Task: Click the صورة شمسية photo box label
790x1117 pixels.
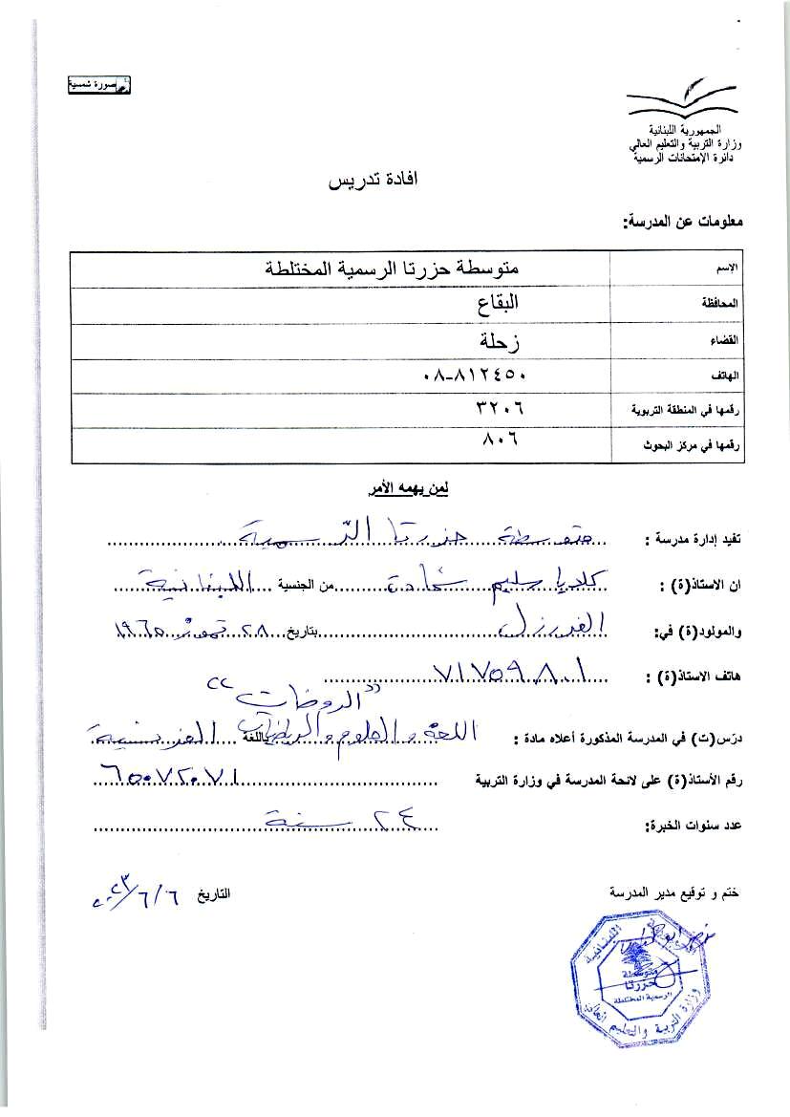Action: (x=98, y=86)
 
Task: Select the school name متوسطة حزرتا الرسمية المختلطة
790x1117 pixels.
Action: (x=399, y=269)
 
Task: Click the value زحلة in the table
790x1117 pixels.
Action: (x=504, y=339)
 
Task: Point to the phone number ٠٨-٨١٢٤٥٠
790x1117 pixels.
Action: (x=475, y=376)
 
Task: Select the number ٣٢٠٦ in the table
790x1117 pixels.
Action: (x=501, y=410)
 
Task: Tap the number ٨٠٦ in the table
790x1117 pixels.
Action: (x=502, y=443)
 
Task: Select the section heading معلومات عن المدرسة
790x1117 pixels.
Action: (x=683, y=222)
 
